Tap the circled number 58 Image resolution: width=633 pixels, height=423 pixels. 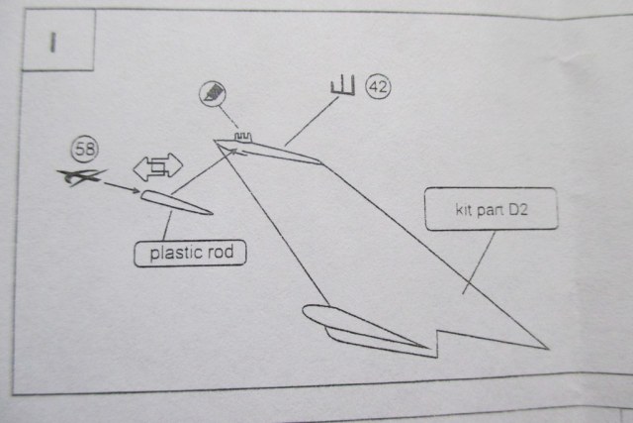[82, 151]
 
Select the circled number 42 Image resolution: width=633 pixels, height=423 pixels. [377, 87]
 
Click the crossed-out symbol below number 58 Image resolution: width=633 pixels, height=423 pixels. [79, 177]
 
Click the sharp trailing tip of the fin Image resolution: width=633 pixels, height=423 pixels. [545, 348]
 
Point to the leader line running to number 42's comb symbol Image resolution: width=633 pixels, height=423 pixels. [308, 123]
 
